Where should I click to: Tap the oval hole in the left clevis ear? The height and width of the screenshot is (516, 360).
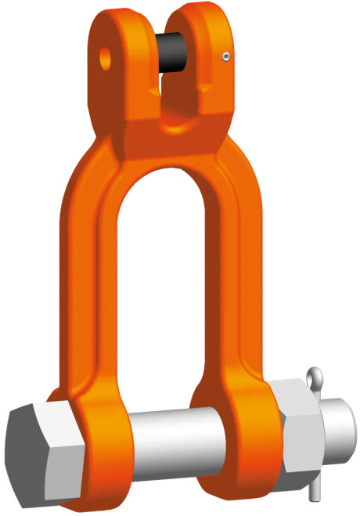104,56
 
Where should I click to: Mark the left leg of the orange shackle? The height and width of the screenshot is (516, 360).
94,258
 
